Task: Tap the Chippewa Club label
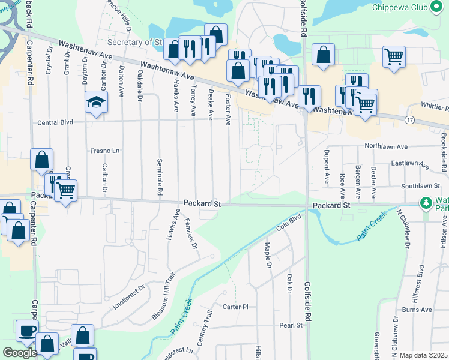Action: click(399, 7)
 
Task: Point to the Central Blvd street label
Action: click(55, 122)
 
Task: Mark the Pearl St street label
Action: click(291, 325)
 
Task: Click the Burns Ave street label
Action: click(417, 310)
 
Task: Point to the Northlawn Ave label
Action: click(385, 146)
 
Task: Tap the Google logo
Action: click(20, 353)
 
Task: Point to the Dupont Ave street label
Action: click(327, 166)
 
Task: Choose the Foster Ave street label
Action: click(228, 109)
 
